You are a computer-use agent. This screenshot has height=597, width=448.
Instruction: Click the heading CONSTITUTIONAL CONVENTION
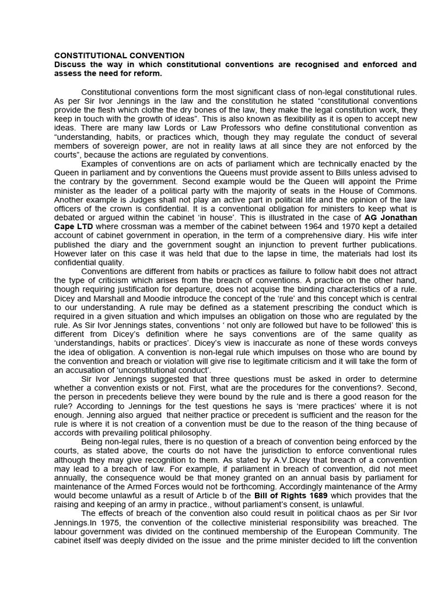click(x=119, y=55)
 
